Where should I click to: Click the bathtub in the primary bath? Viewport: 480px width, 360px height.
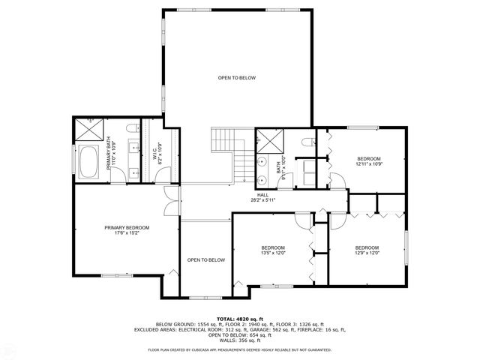[88, 163]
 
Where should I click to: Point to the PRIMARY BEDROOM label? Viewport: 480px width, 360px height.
[127, 228]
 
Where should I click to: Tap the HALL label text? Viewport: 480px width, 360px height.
[263, 195]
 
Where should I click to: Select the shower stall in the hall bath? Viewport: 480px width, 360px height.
[268, 140]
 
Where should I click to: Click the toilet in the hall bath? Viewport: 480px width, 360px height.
[304, 141]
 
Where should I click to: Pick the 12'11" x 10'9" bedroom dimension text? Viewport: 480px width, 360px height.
[368, 163]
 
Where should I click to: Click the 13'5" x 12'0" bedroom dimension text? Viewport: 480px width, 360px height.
[273, 253]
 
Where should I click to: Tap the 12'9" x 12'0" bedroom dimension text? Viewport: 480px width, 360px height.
[367, 253]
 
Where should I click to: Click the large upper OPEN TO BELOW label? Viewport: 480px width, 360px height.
[237, 77]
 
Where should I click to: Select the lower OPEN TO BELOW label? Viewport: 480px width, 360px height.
[205, 259]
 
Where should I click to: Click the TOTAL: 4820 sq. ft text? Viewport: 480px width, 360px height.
[239, 318]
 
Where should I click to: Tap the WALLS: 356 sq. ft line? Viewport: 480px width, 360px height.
[239, 340]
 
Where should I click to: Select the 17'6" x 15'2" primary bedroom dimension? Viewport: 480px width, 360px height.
[127, 233]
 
